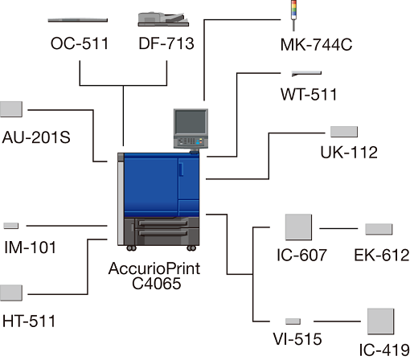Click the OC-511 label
[80, 43]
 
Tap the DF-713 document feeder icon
[163, 19]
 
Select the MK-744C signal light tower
[294, 15]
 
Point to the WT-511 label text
[309, 94]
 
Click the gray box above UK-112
[344, 132]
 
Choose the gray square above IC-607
[298, 227]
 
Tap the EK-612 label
[382, 255]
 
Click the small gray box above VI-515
[293, 321]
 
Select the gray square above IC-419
[380, 321]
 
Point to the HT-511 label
[29, 321]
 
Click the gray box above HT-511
[11, 293]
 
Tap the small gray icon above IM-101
[11, 226]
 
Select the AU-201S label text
[36, 137]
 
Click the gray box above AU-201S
[11, 109]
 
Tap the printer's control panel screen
[191, 122]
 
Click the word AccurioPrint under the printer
[154, 268]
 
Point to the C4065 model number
[157, 284]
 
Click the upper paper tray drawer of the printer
[162, 223]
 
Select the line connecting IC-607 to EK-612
[338, 229]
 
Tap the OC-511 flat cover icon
[78, 20]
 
